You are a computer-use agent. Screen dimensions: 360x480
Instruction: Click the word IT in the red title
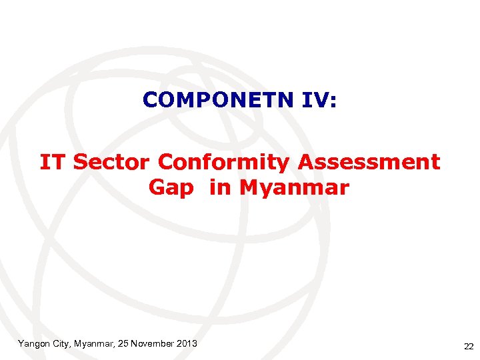[x=53, y=162]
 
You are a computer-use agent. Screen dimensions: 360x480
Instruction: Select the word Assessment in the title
[x=369, y=162]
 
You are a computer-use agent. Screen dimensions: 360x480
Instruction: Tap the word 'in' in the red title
[x=219, y=188]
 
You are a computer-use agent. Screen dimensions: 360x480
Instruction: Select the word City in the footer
[x=65, y=343]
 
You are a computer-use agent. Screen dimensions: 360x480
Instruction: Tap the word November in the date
[x=153, y=343]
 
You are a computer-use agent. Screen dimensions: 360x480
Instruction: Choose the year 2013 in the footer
[x=187, y=343]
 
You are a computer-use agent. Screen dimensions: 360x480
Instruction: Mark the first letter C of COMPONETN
[x=149, y=100]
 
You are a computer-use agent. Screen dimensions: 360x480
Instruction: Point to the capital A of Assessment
[x=306, y=162]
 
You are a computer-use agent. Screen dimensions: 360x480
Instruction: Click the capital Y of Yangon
[x=21, y=343]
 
